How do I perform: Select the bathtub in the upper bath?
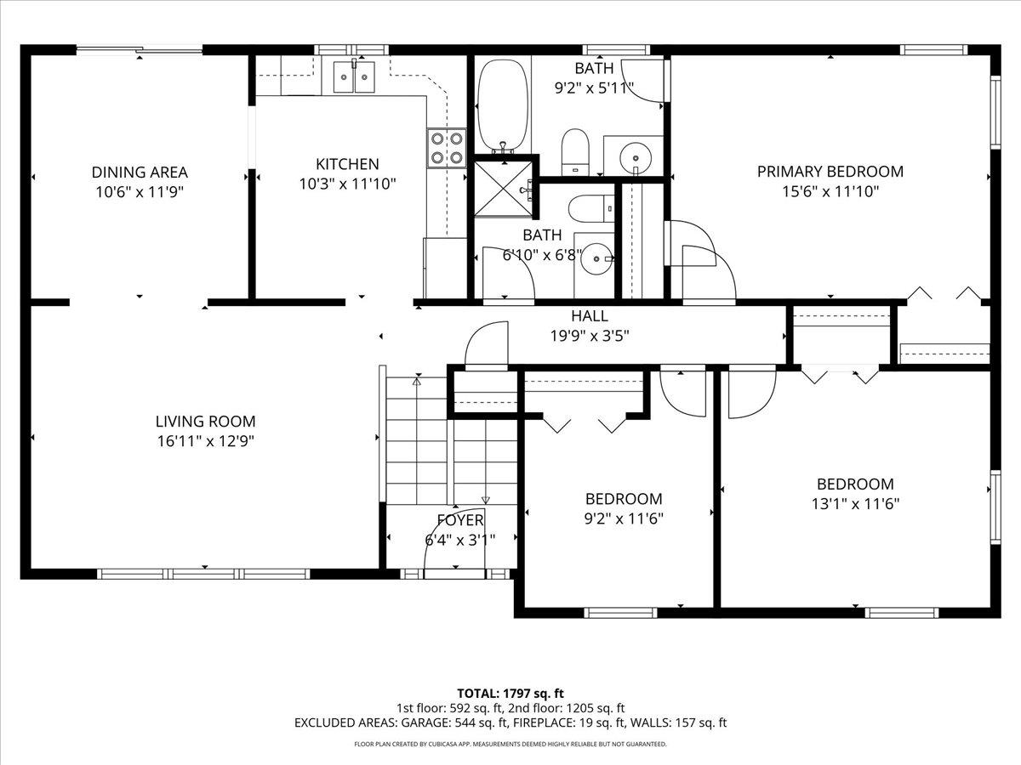[501, 106]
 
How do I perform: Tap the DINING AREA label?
[140, 173]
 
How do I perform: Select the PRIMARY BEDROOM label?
[830, 172]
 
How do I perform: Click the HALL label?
[590, 316]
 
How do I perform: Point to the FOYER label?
[460, 520]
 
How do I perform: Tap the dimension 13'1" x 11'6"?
[855, 503]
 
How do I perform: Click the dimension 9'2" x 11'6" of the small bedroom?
[623, 518]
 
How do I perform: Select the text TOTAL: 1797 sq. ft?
[510, 693]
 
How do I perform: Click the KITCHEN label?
[347, 164]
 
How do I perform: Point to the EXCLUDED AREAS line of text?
[510, 723]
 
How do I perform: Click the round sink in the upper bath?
[635, 156]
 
